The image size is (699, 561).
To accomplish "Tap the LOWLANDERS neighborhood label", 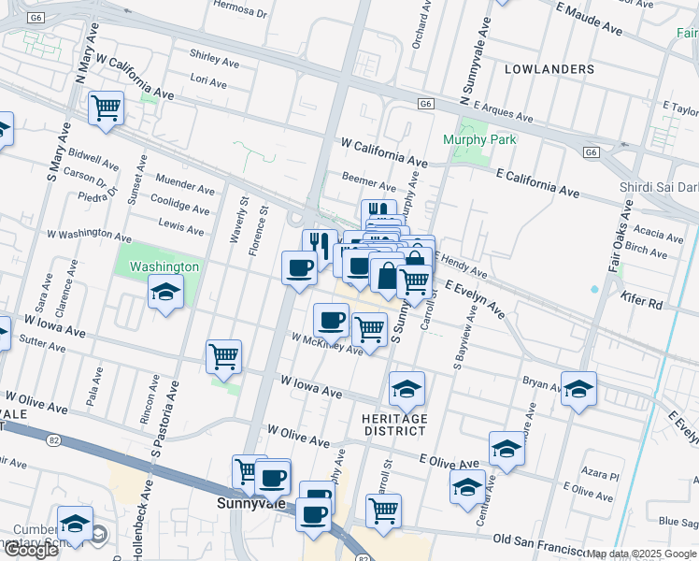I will coord(549,69).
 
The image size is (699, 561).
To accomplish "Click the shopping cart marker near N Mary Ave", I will coord(107,108).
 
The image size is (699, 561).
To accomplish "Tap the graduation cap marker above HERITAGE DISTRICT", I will coord(407,389).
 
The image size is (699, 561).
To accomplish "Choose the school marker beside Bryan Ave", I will coord(579,389).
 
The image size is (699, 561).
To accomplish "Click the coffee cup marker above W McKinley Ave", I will coord(331,322).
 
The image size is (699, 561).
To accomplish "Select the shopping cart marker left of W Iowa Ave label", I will coord(224,356).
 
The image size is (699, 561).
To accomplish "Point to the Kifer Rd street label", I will coord(641,304).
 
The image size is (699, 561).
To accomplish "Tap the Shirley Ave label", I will coord(214,58).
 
